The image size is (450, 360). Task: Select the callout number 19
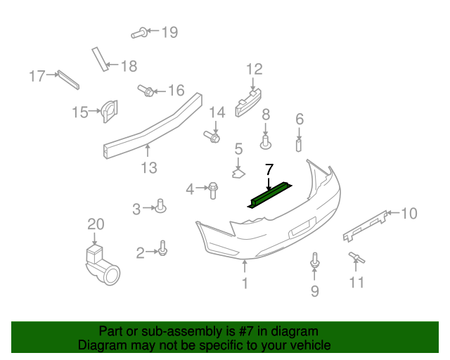click(169, 32)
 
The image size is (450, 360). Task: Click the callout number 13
click(148, 168)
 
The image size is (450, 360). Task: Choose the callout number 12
click(254, 69)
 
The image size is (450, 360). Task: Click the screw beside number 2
click(163, 249)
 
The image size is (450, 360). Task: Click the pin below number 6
click(299, 146)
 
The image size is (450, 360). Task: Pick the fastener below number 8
click(266, 143)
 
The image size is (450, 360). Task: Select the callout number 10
click(409, 213)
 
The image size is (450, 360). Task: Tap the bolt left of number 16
click(146, 91)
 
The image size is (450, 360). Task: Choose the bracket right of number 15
click(110, 110)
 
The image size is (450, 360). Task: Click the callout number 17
click(37, 75)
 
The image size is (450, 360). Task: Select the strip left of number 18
click(99, 59)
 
